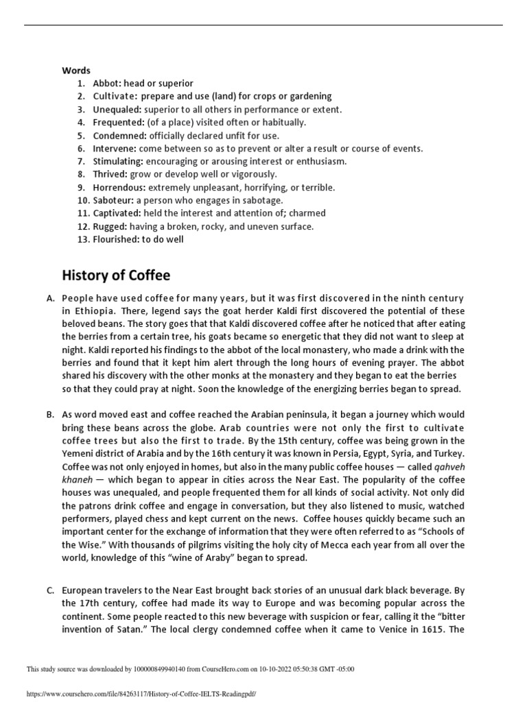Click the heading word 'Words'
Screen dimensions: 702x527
point(76,70)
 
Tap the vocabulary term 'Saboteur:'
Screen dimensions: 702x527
point(113,200)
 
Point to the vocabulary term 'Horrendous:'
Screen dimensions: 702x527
point(119,187)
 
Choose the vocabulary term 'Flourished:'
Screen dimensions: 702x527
point(117,239)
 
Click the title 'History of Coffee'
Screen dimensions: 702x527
point(116,276)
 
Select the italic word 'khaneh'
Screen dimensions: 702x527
point(77,480)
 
